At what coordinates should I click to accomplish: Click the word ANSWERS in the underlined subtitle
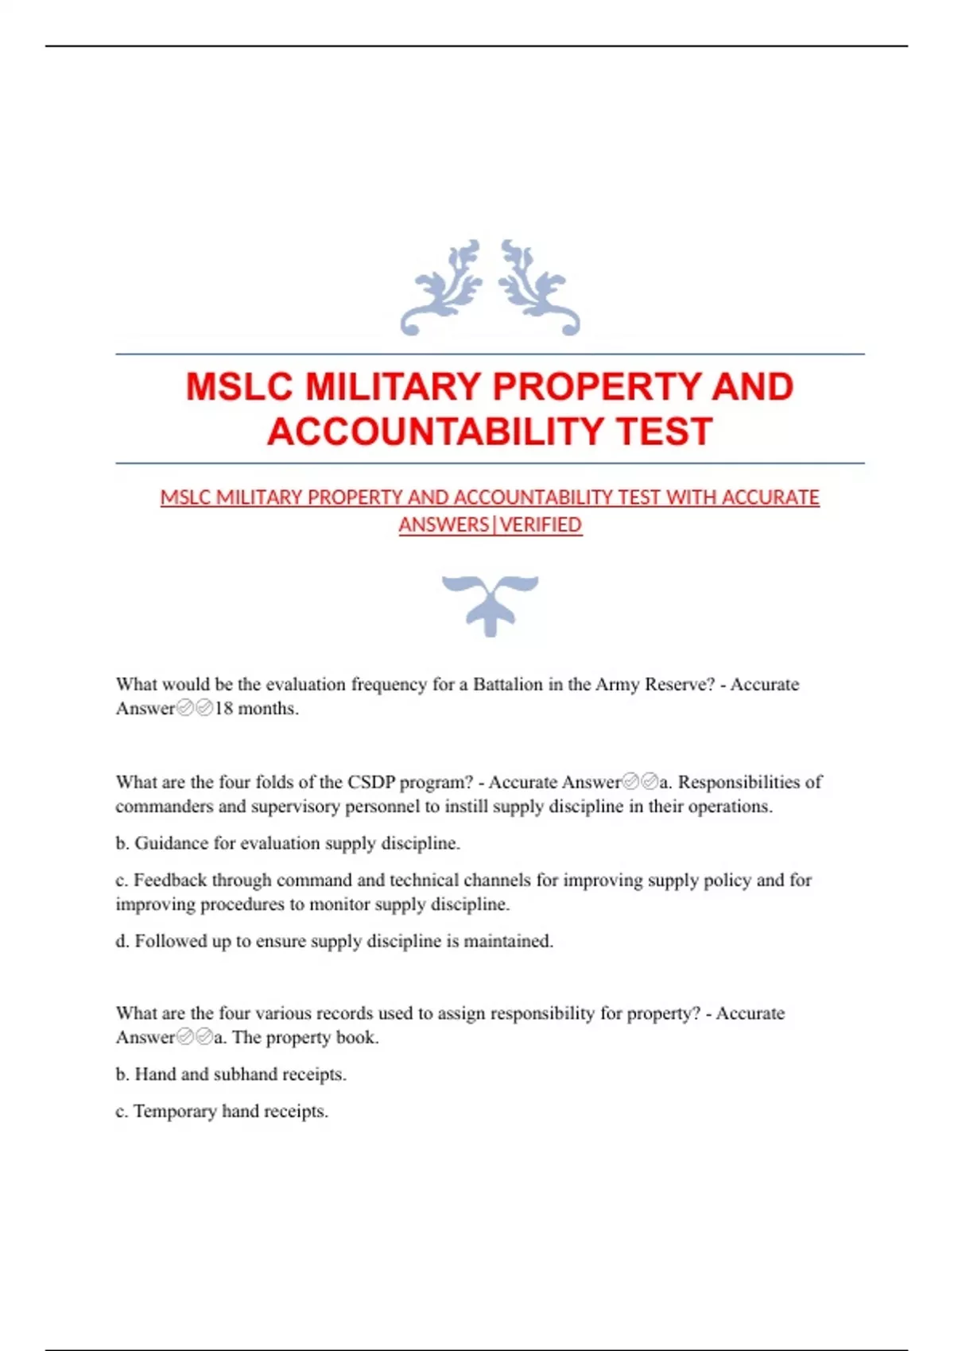[x=444, y=525]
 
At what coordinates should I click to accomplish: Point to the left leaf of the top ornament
[x=442, y=287]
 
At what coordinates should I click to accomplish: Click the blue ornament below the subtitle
[x=490, y=604]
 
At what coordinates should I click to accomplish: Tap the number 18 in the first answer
[x=223, y=708]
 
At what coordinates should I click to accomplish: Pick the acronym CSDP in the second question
[x=370, y=782]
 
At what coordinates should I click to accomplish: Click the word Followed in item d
[x=169, y=941]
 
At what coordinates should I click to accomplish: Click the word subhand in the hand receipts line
[x=245, y=1074]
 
